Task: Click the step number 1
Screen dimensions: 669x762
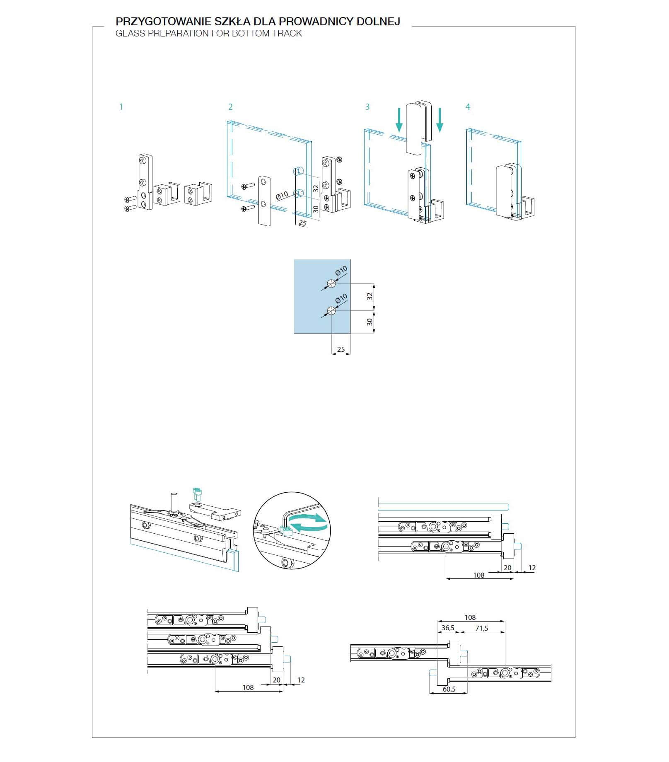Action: point(121,107)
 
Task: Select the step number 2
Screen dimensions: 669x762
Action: point(230,107)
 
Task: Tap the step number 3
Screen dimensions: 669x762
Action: point(367,107)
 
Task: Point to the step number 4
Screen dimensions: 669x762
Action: point(468,107)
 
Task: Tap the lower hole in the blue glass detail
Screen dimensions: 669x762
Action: point(331,310)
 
